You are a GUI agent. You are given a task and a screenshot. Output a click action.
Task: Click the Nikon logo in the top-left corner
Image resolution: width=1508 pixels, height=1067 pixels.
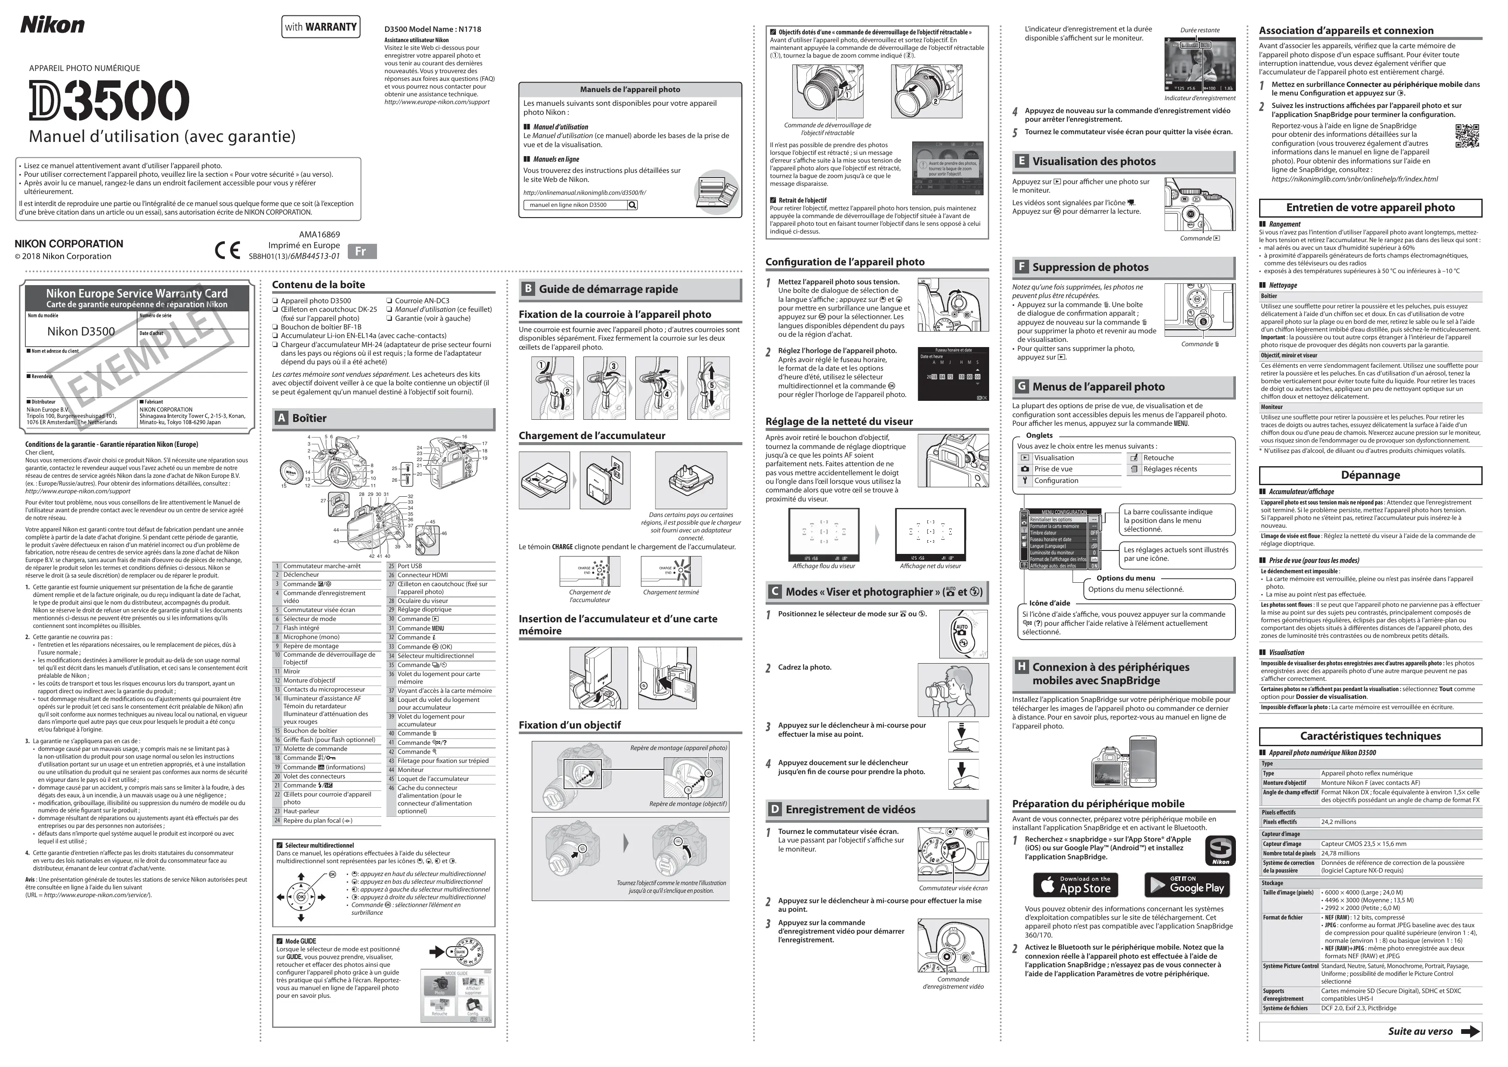pyautogui.click(x=52, y=25)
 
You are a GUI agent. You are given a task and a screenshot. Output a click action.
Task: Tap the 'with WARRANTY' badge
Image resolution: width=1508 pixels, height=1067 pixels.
pyautogui.click(x=321, y=27)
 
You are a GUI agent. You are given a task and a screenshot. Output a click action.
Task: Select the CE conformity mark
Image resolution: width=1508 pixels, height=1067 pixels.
pyautogui.click(x=227, y=250)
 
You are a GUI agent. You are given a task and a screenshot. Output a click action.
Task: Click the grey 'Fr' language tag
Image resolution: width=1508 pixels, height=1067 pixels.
pyautogui.click(x=361, y=251)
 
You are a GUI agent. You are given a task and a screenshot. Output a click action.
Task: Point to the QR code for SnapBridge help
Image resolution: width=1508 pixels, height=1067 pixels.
pyautogui.click(x=1467, y=135)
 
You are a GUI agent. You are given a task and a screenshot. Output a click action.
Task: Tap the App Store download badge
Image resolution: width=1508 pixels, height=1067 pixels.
pyautogui.click(x=1075, y=885)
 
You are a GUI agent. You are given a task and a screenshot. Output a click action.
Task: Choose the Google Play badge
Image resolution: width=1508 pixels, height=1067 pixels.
pyautogui.click(x=1187, y=885)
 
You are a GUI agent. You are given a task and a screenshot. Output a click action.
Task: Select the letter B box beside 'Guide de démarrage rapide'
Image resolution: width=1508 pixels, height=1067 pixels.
pyautogui.click(x=527, y=289)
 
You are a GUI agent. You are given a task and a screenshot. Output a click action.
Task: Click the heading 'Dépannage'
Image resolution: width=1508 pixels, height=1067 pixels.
pyautogui.click(x=1370, y=475)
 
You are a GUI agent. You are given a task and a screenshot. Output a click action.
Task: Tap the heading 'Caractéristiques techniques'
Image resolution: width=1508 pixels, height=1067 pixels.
pyautogui.click(x=1370, y=736)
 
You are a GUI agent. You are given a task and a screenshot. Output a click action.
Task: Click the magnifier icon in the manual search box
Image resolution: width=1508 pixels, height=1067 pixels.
pyautogui.click(x=632, y=205)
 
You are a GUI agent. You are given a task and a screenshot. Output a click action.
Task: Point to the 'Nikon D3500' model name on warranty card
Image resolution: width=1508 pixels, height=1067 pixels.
pyautogui.click(x=81, y=332)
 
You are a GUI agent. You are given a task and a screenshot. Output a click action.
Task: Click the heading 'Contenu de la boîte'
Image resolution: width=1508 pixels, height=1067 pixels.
pyautogui.click(x=319, y=284)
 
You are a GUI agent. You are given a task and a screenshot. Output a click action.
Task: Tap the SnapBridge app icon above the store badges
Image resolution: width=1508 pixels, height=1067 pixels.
pyautogui.click(x=1220, y=851)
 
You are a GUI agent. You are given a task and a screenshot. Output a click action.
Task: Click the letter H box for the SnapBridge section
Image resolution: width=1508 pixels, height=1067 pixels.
pyautogui.click(x=1021, y=666)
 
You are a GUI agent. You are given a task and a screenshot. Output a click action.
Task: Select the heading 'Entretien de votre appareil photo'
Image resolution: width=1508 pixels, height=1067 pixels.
pyautogui.click(x=1370, y=208)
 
